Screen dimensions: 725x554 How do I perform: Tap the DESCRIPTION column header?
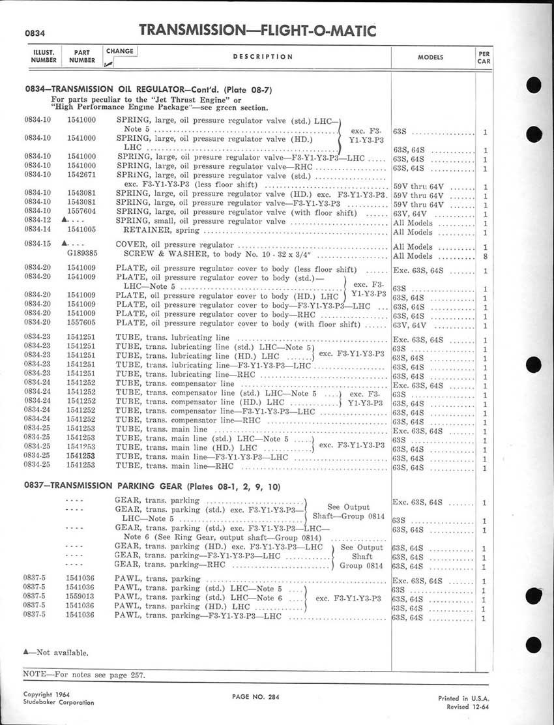pyautogui.click(x=263, y=57)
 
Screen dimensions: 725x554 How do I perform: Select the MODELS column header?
pyautogui.click(x=431, y=57)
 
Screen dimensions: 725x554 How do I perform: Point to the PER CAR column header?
pyautogui.click(x=484, y=57)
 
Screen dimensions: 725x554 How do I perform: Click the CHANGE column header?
pyautogui.click(x=119, y=52)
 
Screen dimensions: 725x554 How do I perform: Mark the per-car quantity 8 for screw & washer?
pyautogui.click(x=486, y=256)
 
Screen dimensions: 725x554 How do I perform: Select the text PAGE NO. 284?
pyautogui.click(x=255, y=697)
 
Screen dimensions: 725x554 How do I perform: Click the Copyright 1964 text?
pyautogui.click(x=48, y=694)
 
